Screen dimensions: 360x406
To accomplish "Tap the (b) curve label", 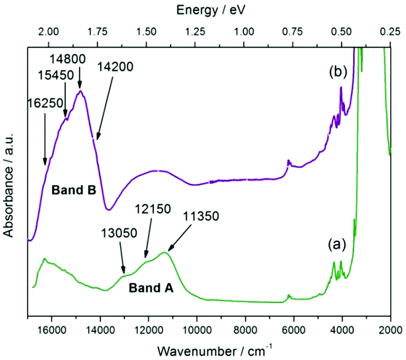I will point(339,72).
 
